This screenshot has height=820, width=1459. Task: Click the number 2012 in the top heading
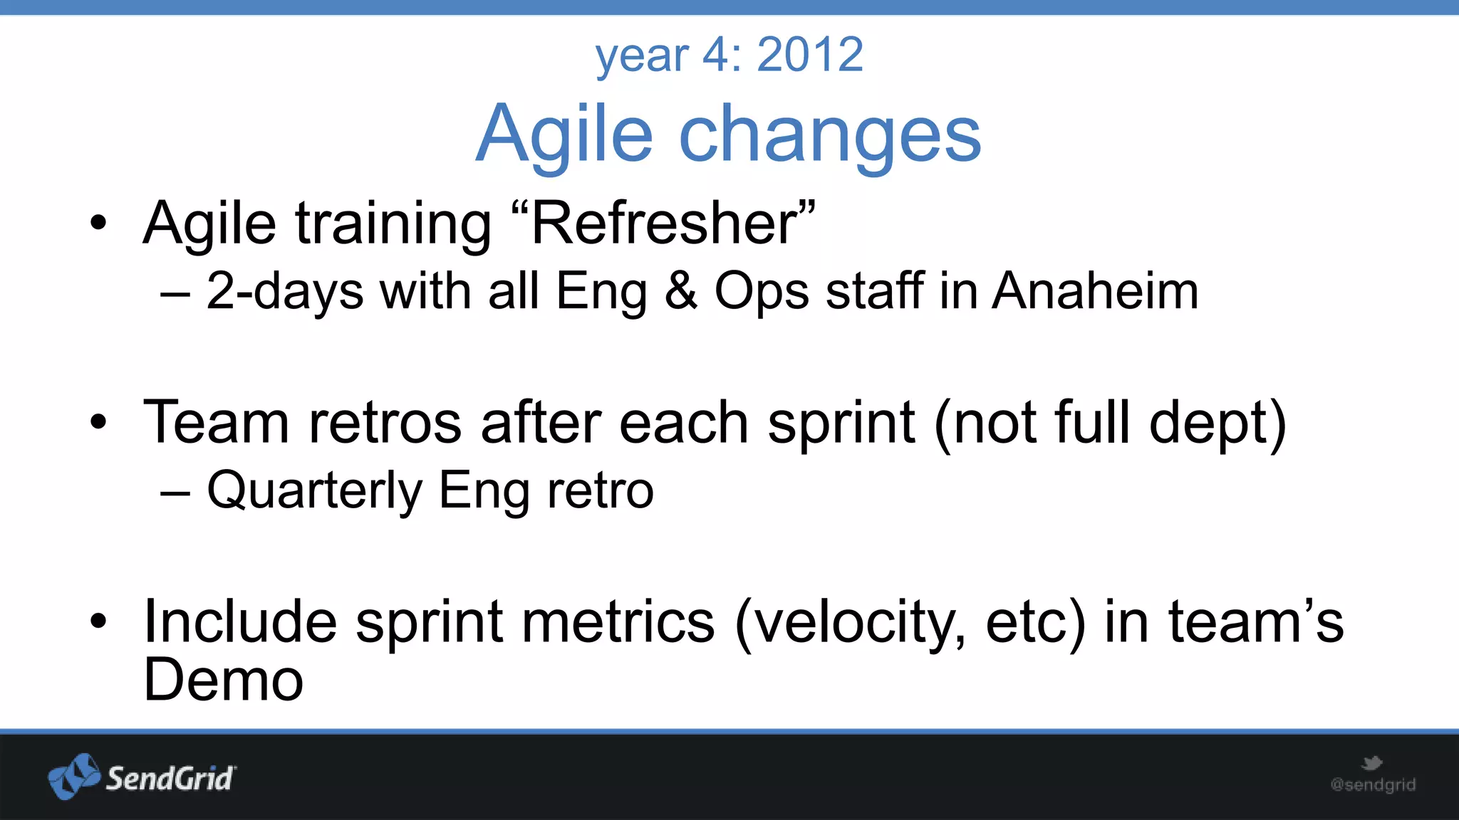(x=810, y=55)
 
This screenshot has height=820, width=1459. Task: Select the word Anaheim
(x=1095, y=291)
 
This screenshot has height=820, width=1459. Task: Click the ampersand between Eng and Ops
(x=680, y=291)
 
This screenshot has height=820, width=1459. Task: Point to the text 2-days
(x=285, y=293)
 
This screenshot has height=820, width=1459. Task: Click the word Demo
(x=224, y=680)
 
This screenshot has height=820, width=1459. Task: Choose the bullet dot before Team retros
(x=99, y=422)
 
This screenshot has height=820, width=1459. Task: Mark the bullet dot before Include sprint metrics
(x=99, y=621)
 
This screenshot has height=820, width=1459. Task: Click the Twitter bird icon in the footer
(x=1371, y=764)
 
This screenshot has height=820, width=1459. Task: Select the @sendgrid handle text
(x=1373, y=785)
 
